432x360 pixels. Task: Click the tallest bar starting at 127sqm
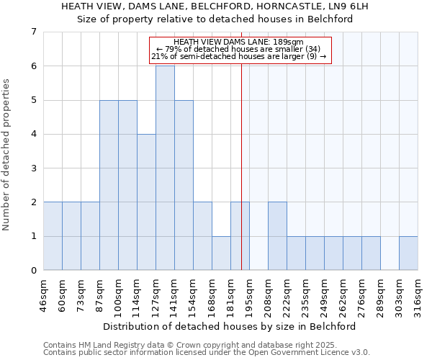pyautogui.click(x=165, y=168)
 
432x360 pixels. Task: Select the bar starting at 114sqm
pyautogui.click(x=146, y=202)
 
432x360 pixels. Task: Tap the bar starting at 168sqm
pyautogui.click(x=221, y=253)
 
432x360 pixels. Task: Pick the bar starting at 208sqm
pyautogui.click(x=277, y=236)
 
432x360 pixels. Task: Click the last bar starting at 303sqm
pyautogui.click(x=408, y=253)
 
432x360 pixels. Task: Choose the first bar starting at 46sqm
pyautogui.click(x=53, y=236)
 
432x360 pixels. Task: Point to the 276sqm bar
pyautogui.click(x=371, y=253)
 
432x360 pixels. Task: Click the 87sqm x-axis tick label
pyautogui.click(x=99, y=294)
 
